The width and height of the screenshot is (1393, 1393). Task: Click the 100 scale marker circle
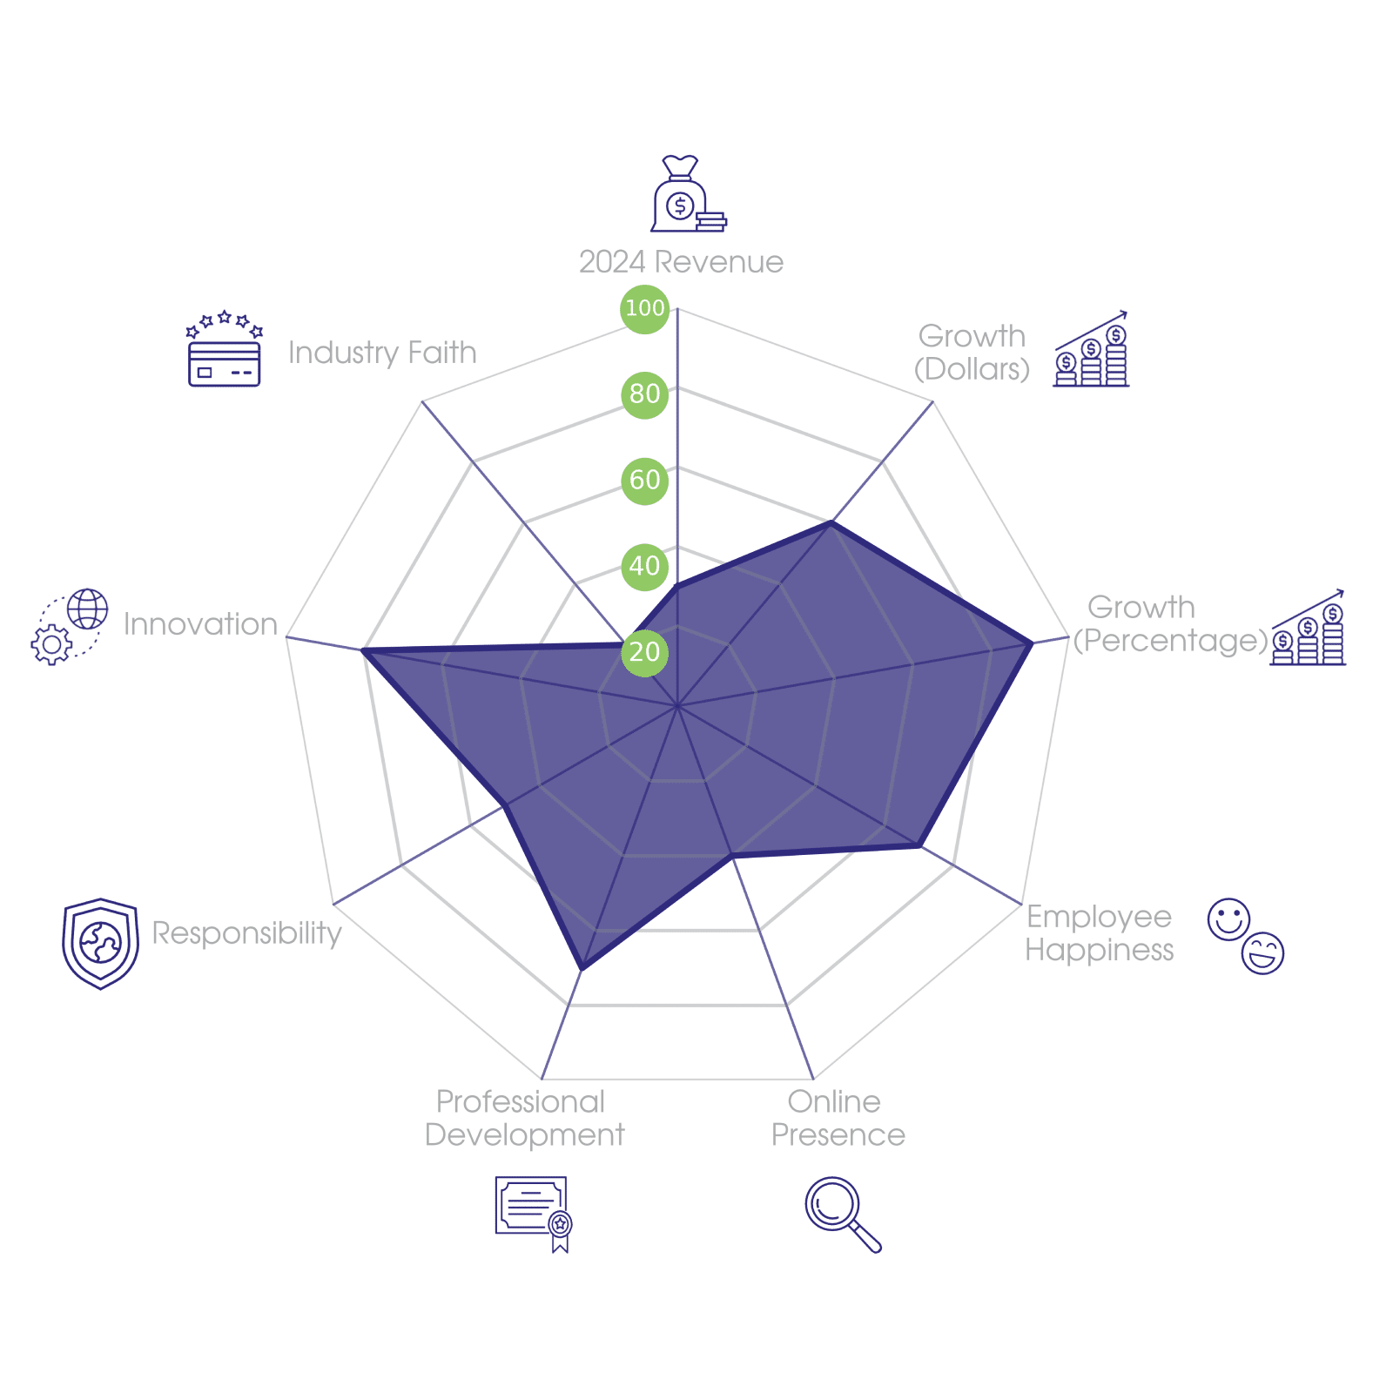coord(644,308)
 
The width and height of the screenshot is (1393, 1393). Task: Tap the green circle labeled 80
coord(644,394)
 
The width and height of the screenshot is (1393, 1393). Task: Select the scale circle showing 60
coord(644,480)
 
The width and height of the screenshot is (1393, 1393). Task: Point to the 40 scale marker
coord(644,566)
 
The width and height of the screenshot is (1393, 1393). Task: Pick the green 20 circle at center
coord(644,652)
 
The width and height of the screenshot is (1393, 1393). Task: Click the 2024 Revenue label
coord(681,262)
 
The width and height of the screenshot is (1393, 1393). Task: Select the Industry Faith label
coord(382,353)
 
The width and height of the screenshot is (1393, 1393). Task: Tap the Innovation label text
coord(200,624)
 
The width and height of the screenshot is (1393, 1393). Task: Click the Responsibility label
coord(247,932)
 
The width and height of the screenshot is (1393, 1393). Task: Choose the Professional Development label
coord(524,1119)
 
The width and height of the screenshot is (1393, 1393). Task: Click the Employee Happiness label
coord(1099,933)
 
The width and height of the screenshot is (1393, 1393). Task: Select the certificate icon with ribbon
coord(533,1213)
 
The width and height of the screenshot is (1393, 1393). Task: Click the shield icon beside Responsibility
coord(101,943)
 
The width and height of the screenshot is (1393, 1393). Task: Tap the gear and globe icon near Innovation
coord(70,626)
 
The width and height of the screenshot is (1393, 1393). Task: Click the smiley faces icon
coord(1245,935)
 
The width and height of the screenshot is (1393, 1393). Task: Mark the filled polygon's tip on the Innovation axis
coord(361,649)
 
